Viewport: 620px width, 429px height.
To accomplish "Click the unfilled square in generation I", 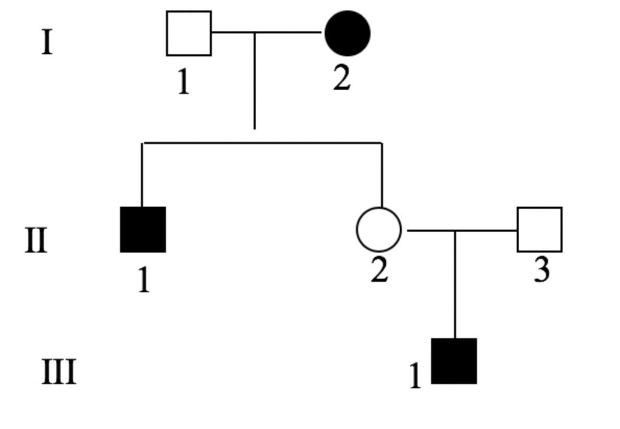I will (189, 33).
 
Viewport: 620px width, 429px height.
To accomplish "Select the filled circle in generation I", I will (348, 33).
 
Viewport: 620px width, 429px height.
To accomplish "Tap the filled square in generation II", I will (143, 230).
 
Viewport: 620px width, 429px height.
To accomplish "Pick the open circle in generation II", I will (379, 230).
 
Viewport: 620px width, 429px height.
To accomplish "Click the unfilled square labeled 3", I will (540, 230).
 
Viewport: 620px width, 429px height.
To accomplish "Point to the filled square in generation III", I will (454, 361).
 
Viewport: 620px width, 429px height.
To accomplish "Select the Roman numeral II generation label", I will (37, 241).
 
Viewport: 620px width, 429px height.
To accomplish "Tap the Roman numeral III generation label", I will (59, 372).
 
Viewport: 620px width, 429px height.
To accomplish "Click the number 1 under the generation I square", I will (183, 82).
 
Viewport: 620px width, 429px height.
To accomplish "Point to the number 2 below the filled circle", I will (342, 78).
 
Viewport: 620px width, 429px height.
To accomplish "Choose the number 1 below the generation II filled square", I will (144, 280).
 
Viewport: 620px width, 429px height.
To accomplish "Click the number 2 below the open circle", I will (379, 270).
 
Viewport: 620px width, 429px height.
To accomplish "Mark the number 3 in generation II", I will (542, 270).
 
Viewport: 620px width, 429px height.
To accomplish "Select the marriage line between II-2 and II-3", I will (485, 230).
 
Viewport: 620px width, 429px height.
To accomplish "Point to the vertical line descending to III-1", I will (455, 284).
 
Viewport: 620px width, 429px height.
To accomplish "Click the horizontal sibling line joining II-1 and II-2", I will (261, 142).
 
